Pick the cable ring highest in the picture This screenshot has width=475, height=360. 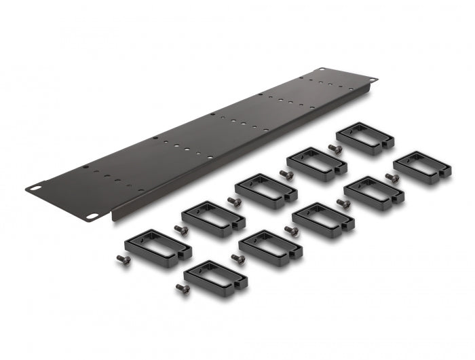tap(364, 138)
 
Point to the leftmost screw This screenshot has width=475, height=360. tap(123, 259)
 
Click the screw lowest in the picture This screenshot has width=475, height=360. tap(182, 287)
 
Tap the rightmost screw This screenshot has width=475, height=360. tap(391, 177)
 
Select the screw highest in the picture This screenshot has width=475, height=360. tap(332, 148)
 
